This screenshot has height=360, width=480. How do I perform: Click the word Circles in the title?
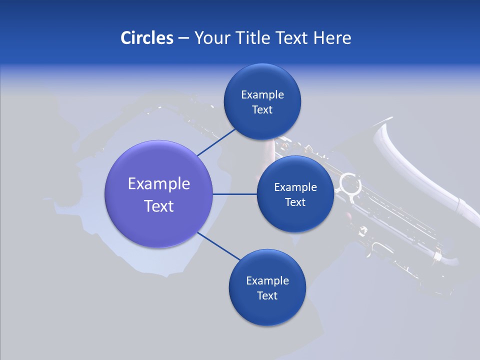click(x=146, y=38)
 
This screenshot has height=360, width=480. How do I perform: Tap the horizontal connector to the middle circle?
click(x=235, y=194)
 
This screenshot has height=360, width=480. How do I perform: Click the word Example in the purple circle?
click(x=159, y=184)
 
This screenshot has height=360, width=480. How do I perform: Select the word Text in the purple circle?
click(x=159, y=206)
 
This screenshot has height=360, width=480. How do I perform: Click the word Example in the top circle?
click(x=262, y=95)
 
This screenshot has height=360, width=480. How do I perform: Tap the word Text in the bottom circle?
click(x=267, y=295)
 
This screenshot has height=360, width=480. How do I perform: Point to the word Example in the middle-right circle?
click(x=295, y=187)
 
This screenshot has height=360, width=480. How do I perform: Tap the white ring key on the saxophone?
click(x=350, y=184)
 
